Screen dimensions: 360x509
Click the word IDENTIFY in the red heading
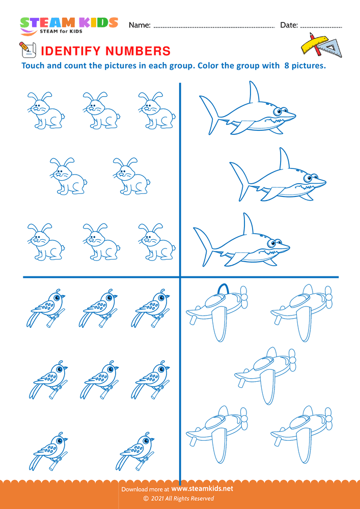click(x=70, y=51)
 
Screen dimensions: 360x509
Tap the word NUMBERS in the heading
click(x=137, y=51)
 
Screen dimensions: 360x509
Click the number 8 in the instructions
click(x=282, y=66)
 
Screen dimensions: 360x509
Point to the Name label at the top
click(x=140, y=25)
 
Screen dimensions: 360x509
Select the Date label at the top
click(x=289, y=25)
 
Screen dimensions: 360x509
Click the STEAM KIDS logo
click(x=69, y=25)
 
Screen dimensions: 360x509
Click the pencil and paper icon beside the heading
click(x=27, y=50)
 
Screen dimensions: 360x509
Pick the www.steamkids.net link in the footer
click(x=202, y=489)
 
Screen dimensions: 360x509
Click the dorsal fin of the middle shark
click(x=284, y=159)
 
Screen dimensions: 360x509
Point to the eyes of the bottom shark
click(x=273, y=242)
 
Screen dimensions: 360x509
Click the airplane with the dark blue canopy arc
click(x=217, y=313)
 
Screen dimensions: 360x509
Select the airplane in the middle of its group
click(x=265, y=376)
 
